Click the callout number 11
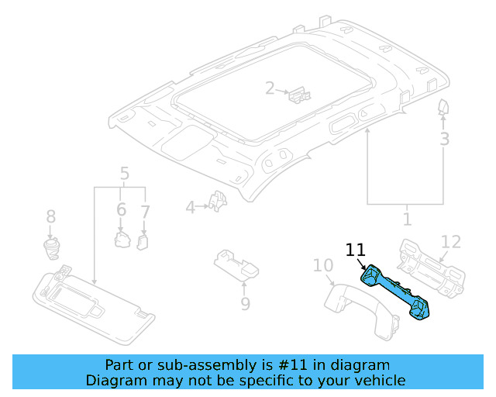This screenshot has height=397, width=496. pyautogui.click(x=355, y=250)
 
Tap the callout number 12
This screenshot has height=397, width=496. pyautogui.click(x=450, y=241)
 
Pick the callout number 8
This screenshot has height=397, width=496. pyautogui.click(x=51, y=216)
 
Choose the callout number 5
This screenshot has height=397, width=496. pyautogui.click(x=124, y=174)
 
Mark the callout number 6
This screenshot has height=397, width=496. pyautogui.click(x=121, y=209)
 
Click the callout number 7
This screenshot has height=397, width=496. pyautogui.click(x=145, y=209)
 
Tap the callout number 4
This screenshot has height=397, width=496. pyautogui.click(x=191, y=207)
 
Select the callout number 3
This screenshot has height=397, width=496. pyautogui.click(x=444, y=140)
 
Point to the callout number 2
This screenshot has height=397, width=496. pyautogui.click(x=270, y=88)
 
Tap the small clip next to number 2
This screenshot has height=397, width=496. pyautogui.click(x=298, y=95)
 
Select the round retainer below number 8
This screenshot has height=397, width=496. pyautogui.click(x=51, y=247)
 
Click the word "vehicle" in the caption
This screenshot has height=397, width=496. pyautogui.click(x=375, y=380)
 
